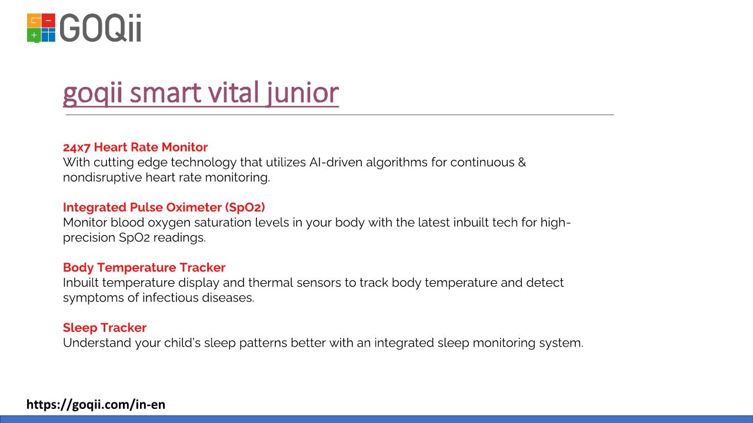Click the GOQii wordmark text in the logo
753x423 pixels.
coord(100,28)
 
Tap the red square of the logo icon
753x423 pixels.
coord(48,21)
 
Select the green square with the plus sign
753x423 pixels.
coord(34,35)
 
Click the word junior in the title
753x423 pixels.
coord(303,93)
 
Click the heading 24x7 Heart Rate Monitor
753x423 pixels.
coord(135,147)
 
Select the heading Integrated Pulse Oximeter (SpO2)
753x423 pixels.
coord(164,207)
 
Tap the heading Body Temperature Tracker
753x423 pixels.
coord(144,267)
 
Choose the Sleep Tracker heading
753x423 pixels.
coord(105,328)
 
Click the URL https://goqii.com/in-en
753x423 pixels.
coord(96,405)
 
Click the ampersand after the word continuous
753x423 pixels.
coord(522,163)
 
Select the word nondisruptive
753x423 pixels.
coord(102,177)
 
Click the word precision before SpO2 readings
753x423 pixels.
coord(89,238)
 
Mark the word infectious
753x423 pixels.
coord(170,298)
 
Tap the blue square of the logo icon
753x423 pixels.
coord(48,35)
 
